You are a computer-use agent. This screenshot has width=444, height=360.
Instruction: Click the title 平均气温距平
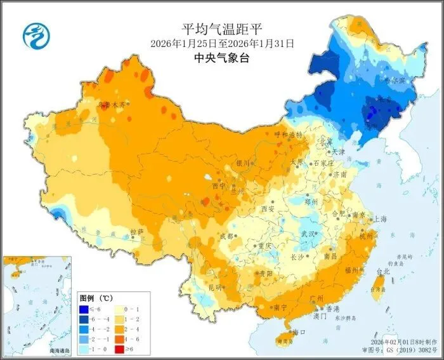point(222,29)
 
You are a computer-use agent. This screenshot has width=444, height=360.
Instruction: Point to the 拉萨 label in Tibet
point(137,231)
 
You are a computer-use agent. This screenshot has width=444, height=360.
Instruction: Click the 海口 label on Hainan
point(299,332)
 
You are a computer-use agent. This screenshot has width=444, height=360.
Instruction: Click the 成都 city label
point(226,236)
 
